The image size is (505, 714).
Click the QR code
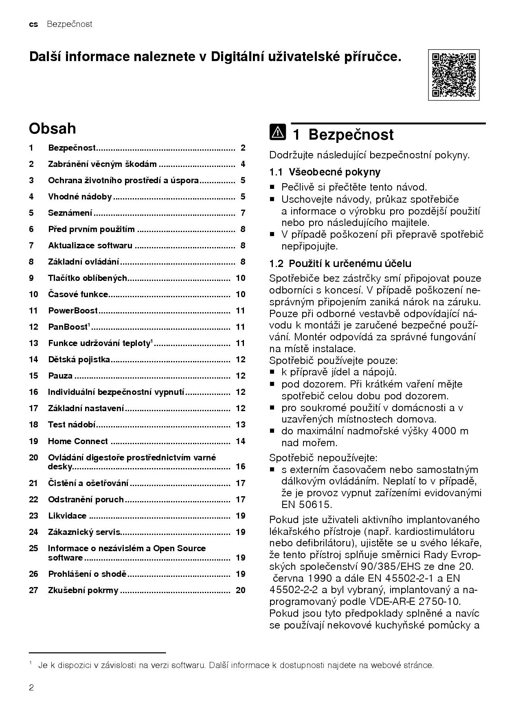point(453,75)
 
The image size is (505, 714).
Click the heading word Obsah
point(52,129)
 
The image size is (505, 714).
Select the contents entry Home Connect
point(78,441)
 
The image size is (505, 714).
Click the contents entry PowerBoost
point(73,311)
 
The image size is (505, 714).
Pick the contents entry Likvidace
point(67,516)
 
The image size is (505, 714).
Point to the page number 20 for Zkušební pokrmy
point(240,590)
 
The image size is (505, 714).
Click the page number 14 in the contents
point(240,441)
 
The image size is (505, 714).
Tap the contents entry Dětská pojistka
point(79,359)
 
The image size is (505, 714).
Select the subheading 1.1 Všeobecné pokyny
point(325,172)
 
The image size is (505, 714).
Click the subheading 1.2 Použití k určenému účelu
point(340,263)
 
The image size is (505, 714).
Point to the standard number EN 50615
point(307,505)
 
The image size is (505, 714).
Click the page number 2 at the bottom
point(31,688)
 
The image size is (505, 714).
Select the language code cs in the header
point(33,24)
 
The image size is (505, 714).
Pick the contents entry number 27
point(33,590)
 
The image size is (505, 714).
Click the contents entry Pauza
point(60,376)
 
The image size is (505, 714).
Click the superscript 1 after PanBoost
point(89,324)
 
